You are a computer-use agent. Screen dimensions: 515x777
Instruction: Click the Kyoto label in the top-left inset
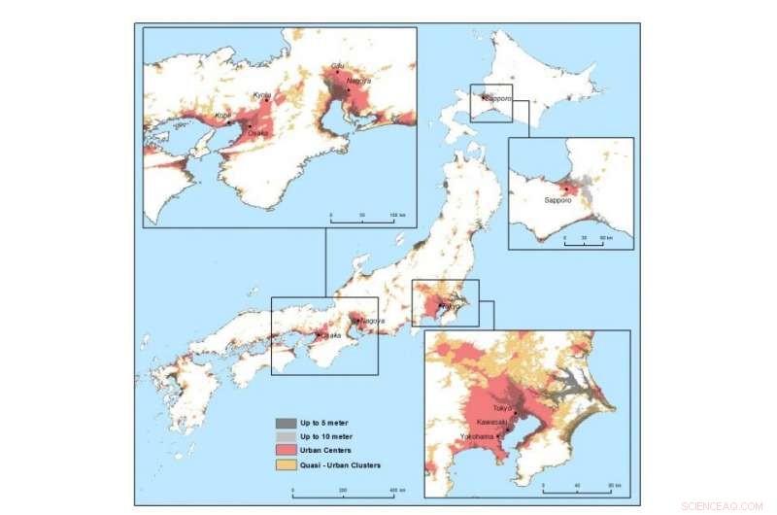click(x=262, y=95)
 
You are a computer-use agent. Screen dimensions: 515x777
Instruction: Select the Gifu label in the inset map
click(x=337, y=65)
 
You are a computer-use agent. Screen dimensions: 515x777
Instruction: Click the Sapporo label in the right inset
click(x=557, y=200)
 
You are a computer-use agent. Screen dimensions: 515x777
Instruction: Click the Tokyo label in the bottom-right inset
click(x=502, y=408)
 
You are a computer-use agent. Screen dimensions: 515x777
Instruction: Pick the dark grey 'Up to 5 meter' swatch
click(x=287, y=423)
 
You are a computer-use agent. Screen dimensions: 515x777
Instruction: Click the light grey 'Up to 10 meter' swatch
click(x=287, y=436)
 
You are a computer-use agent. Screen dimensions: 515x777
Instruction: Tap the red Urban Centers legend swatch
click(x=287, y=451)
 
